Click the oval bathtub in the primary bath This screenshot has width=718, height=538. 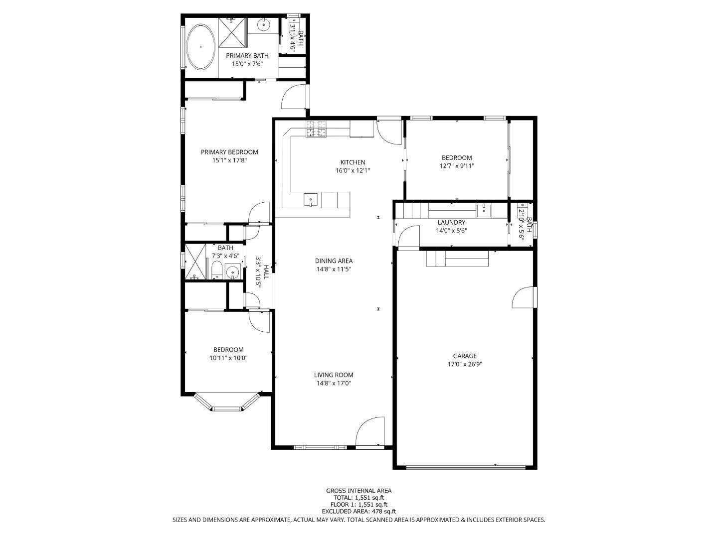[201, 46]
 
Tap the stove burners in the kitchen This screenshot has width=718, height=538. [316, 129]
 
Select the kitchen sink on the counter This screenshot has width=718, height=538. [310, 200]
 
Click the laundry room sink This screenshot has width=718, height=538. [483, 210]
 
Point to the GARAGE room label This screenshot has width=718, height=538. [464, 356]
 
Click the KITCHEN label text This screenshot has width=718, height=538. [353, 162]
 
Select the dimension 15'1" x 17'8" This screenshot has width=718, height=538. [229, 160]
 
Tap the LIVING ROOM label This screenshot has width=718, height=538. [334, 375]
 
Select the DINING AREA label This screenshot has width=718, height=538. [334, 261]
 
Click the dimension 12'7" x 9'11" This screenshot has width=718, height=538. [456, 166]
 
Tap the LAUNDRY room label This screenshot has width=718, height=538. [451, 222]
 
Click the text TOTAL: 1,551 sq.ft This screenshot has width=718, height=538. [359, 497]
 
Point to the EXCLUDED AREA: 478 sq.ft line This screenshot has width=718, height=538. [359, 511]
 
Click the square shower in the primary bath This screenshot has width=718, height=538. [232, 31]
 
